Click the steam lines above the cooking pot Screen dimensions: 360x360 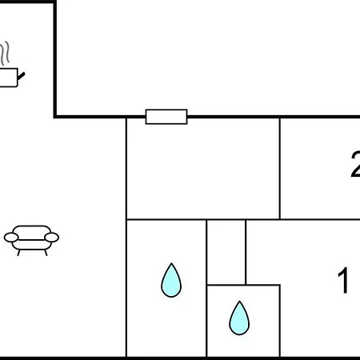(x=5, y=54)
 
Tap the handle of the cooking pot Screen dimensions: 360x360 (x=21, y=76)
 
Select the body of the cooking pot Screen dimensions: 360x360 (x=9, y=78)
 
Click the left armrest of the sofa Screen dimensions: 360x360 (x=11, y=238)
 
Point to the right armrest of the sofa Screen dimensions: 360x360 (x=52, y=237)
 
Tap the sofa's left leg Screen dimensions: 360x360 (x=18, y=253)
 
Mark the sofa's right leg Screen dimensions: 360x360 (x=46, y=253)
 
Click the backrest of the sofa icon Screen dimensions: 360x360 (x=32, y=230)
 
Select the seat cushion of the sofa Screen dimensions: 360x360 (x=31, y=245)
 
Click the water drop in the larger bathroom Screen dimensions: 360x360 (x=171, y=281)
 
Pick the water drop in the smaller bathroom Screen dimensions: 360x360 (x=239, y=318)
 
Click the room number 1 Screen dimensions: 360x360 (x=343, y=280)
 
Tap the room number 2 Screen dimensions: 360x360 (x=355, y=164)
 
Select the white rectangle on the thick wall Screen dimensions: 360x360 (x=166, y=117)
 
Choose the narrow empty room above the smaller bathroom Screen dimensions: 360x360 (x=226, y=252)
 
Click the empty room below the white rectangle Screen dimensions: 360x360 (x=203, y=169)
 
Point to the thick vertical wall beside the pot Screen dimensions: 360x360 (x=55, y=59)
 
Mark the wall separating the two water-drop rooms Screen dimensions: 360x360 (x=206, y=288)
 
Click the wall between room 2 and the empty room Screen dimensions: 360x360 (x=280, y=169)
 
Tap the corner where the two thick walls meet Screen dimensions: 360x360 (x=55, y=117)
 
